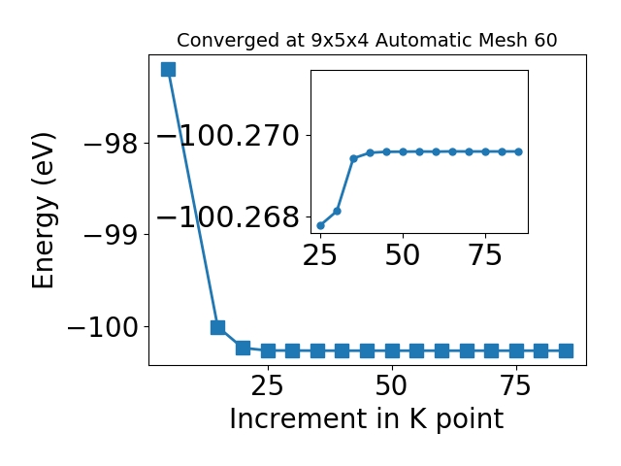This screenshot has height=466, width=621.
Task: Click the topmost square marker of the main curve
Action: click(168, 69)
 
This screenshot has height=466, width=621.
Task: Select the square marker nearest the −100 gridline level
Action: click(217, 327)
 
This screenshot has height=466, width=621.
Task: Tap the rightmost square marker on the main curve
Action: click(566, 350)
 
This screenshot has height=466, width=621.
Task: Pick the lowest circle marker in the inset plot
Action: click(321, 226)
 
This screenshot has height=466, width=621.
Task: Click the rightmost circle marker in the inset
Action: click(519, 151)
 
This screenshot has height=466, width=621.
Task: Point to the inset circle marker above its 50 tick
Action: click(404, 151)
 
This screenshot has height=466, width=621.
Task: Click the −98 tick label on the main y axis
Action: click(111, 144)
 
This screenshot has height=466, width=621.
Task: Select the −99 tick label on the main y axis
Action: click(111, 235)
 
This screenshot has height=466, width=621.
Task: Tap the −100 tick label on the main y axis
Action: click(103, 327)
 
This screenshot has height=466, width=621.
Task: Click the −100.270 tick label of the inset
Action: click(228, 136)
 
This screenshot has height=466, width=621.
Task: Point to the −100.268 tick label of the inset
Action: click(228, 217)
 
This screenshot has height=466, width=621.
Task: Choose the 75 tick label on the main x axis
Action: click(515, 385)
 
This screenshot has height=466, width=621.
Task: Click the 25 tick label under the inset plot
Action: click(319, 254)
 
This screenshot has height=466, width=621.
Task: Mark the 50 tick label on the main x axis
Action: click(391, 385)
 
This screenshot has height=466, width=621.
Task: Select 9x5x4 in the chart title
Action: click(341, 41)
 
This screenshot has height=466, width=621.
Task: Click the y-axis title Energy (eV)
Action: click(43, 211)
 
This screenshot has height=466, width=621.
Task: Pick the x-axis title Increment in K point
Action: click(367, 418)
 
